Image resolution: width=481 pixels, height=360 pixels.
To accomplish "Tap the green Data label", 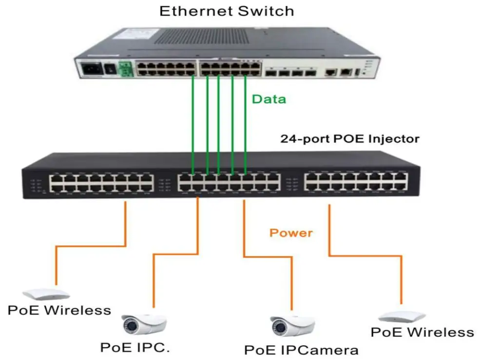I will (x=269, y=99).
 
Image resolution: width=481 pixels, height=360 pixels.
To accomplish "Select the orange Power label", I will (x=291, y=233).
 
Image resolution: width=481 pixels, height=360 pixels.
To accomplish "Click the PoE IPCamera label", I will (x=301, y=349).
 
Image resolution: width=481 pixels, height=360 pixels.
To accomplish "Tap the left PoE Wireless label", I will (x=59, y=310).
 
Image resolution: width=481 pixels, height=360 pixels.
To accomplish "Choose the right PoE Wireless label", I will (x=422, y=332).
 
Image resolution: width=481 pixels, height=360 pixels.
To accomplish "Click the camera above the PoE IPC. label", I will (x=144, y=323).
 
